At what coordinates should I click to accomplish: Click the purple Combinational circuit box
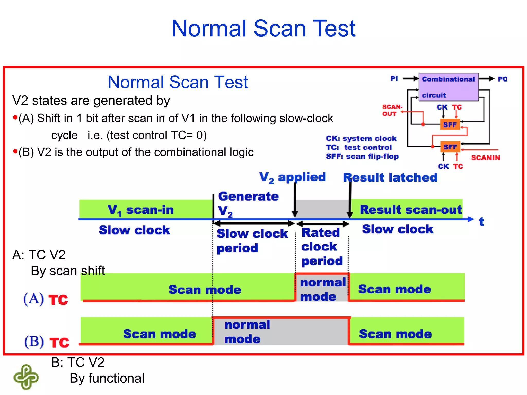448,87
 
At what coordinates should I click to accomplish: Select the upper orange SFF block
450,125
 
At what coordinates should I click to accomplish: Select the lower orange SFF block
450,147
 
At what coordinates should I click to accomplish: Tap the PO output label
502,79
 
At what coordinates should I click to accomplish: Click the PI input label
394,78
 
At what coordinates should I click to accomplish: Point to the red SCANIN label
485,158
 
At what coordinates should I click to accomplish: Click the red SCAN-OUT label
392,110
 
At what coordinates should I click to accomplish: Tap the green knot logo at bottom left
26,377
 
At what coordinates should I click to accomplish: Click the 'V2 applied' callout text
292,177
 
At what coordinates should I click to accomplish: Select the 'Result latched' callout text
390,177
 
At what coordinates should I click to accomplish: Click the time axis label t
481,221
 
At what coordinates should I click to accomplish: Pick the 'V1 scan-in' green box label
140,210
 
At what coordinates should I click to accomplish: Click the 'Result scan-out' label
411,210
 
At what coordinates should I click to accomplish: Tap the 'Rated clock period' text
322,247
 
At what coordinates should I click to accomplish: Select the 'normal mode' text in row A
322,289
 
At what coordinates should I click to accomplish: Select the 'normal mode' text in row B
247,332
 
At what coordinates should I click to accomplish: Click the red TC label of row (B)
59,343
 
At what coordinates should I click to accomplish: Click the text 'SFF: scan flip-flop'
362,156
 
